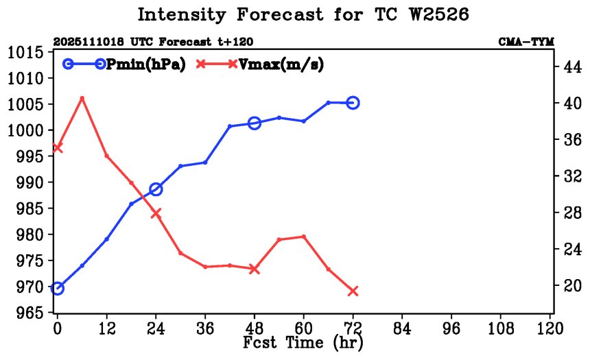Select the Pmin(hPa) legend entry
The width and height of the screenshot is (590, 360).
tap(123, 64)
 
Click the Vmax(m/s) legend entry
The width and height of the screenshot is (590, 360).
tap(261, 64)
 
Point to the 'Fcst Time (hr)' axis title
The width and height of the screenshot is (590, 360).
tap(303, 341)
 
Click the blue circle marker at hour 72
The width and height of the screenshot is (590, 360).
tap(353, 103)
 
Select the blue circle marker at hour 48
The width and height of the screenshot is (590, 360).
tap(255, 123)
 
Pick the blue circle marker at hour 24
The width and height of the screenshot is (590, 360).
tap(156, 189)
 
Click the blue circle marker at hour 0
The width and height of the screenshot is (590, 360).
tap(58, 288)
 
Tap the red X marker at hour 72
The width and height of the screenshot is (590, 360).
tap(353, 291)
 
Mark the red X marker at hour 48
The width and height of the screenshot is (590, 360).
tap(255, 269)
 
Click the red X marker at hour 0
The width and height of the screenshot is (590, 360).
tap(58, 147)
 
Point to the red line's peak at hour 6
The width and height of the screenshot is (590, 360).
tap(82, 98)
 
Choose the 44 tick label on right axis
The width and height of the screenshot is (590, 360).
tap(571, 67)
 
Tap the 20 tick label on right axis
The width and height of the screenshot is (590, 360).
tap(571, 285)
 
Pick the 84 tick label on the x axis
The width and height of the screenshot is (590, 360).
tap(402, 328)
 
